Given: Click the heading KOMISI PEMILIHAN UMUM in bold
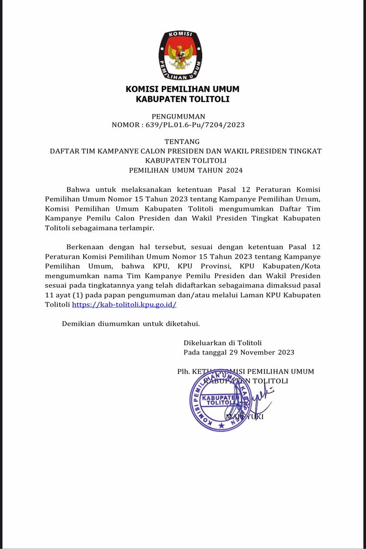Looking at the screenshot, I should (183, 89).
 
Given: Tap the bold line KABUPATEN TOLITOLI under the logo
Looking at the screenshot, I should (183, 99).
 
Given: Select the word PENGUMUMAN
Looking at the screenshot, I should (178, 116).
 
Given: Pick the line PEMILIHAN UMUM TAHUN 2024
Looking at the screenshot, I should (186, 170).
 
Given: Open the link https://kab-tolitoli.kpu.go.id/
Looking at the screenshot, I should (124, 305).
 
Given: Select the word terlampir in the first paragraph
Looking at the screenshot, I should (138, 228).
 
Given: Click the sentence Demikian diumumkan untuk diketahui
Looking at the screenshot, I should (131, 323).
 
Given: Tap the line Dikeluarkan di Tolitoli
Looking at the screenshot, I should (222, 343).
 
